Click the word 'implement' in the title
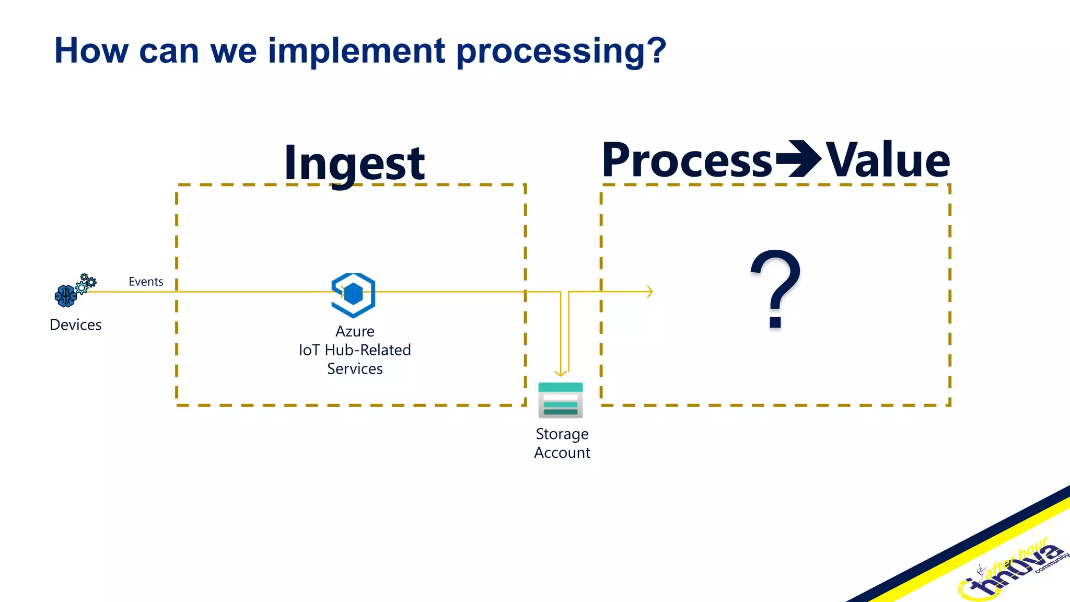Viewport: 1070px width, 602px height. (356, 51)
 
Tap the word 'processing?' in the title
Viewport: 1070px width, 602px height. (562, 51)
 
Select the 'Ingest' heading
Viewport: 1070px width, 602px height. (354, 163)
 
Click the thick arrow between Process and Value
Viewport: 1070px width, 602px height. (798, 159)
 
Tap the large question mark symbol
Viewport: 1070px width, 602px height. (775, 288)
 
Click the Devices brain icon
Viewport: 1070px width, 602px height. (66, 296)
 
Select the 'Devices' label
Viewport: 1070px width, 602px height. (76, 325)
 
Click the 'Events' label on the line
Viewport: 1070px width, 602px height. (146, 282)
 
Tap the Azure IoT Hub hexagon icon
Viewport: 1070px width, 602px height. (354, 295)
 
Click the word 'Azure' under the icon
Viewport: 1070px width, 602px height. (355, 331)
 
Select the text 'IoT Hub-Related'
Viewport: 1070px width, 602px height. (355, 350)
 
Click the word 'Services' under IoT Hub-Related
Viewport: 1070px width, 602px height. (355, 369)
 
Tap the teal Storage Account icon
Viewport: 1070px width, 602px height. (561, 400)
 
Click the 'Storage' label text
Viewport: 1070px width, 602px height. (562, 434)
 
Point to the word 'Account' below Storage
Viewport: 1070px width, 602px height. (562, 453)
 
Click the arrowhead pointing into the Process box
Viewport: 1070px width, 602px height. (650, 292)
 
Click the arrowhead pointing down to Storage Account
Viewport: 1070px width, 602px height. (561, 373)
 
